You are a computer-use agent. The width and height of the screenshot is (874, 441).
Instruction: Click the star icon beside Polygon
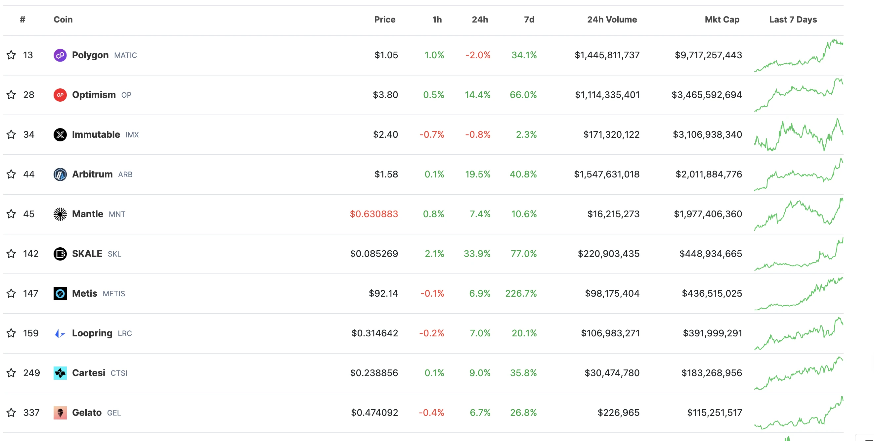(x=11, y=55)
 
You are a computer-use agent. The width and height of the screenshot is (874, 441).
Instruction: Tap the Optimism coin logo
(x=60, y=95)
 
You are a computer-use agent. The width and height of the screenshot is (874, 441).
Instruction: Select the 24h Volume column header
(x=612, y=20)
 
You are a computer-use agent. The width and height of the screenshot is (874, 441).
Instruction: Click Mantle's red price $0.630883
(x=373, y=214)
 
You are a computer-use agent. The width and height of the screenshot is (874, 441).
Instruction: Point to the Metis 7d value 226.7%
(x=521, y=293)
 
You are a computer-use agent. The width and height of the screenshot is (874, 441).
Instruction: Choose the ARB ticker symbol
(x=125, y=174)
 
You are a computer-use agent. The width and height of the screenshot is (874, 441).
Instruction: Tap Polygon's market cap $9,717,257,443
(x=708, y=55)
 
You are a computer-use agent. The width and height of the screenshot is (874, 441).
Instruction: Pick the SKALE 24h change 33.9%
(x=477, y=254)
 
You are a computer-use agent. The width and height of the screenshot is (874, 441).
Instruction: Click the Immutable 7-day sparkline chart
(x=798, y=135)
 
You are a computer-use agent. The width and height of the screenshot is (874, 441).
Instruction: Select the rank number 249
(x=31, y=373)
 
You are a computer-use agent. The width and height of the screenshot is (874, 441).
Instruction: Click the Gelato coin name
(x=87, y=413)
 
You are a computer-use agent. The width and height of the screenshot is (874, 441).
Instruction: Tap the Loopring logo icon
(x=60, y=333)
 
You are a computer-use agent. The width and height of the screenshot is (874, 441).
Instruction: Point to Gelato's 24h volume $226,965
(x=618, y=413)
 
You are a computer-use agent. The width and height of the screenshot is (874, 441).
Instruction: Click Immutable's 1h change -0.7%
(x=432, y=134)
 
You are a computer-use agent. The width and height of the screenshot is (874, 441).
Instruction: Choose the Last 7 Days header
(x=793, y=20)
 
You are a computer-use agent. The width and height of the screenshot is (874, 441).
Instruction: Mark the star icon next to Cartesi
(x=11, y=373)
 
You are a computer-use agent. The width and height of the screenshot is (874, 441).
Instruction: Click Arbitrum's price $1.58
(x=386, y=174)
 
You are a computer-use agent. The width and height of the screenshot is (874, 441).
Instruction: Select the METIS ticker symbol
(x=114, y=294)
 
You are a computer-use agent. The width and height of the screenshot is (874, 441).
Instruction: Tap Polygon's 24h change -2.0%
(x=478, y=55)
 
